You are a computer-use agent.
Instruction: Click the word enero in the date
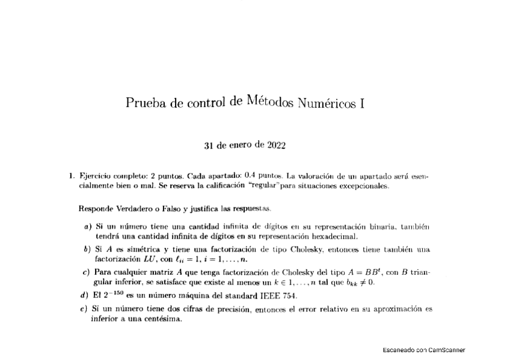239,145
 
